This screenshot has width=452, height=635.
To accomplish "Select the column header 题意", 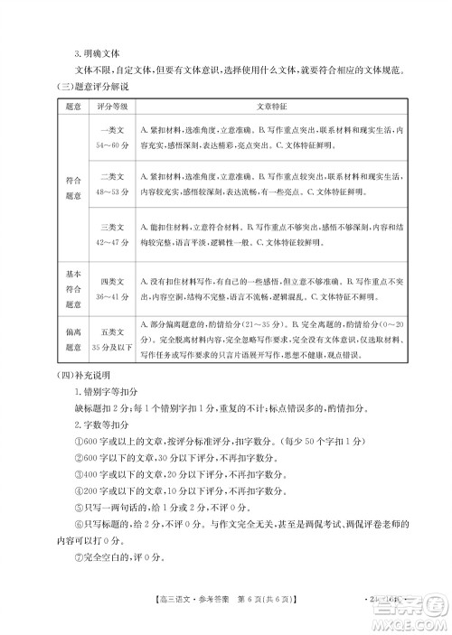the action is tap(74, 106).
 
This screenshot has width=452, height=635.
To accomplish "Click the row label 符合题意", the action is tap(74, 185).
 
